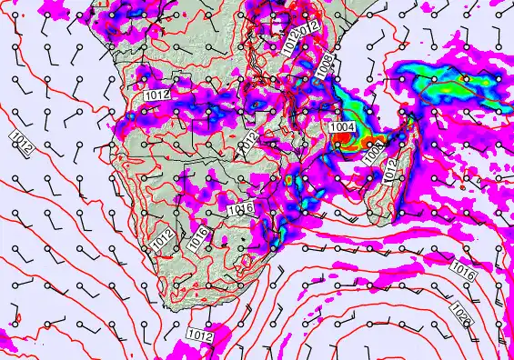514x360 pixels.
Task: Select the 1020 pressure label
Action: click(x=460, y=315)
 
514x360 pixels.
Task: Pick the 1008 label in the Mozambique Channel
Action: click(x=372, y=155)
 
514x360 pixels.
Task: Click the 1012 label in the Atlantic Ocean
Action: click(x=20, y=143)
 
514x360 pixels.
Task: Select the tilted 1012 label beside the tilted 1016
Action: click(x=163, y=240)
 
